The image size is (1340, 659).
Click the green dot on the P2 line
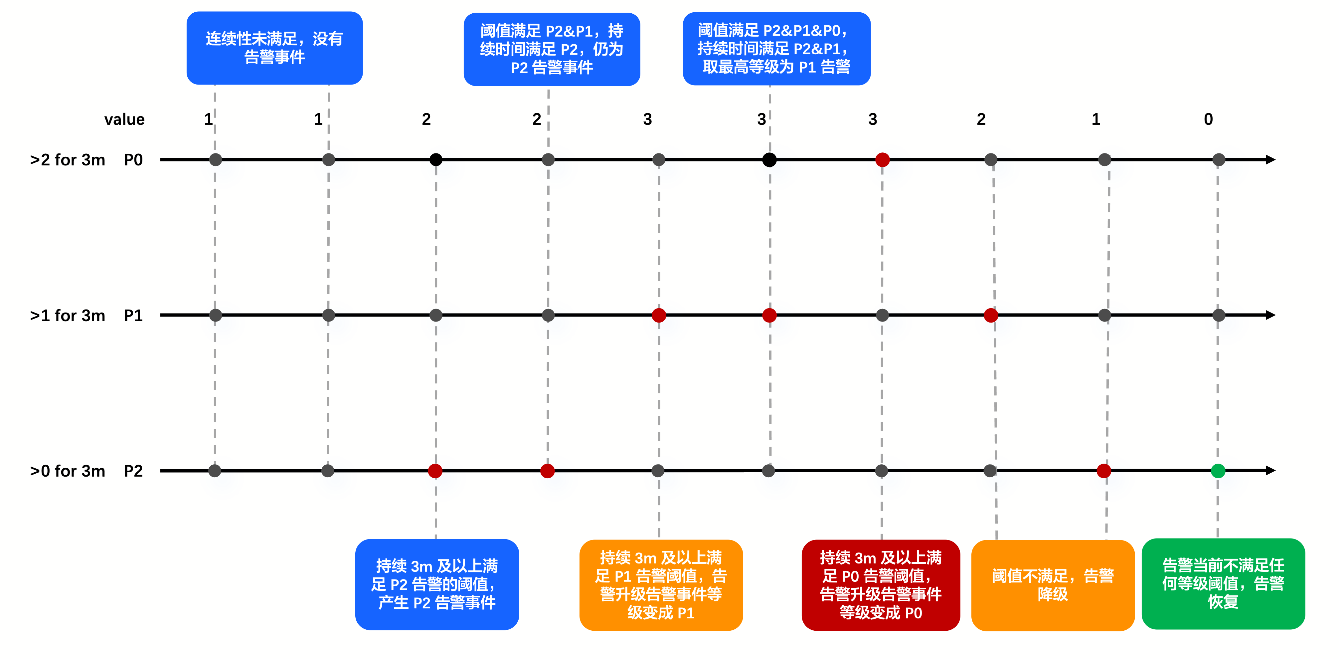tap(1218, 471)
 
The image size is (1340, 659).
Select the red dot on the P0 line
tap(882, 160)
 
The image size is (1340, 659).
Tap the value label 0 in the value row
tap(1208, 119)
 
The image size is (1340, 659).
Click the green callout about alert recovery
tap(1223, 583)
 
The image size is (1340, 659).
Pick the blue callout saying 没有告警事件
tap(275, 48)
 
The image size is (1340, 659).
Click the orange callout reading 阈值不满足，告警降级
tap(1053, 585)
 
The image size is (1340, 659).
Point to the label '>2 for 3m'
tap(68, 160)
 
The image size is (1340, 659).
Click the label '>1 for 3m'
tap(68, 316)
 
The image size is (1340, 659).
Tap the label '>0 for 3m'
tap(68, 471)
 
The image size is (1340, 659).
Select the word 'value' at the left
tap(124, 119)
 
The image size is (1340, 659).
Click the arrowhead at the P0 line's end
tap(1271, 160)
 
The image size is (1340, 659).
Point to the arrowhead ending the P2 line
tap(1271, 471)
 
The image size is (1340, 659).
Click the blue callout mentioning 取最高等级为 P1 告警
tap(777, 48)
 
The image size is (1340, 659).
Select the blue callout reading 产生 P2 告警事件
tap(437, 584)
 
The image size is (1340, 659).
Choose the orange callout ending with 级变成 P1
tap(661, 585)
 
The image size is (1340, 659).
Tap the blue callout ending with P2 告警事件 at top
tap(552, 49)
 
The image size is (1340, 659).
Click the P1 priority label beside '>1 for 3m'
tap(133, 316)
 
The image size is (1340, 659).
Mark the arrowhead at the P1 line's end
tap(1271, 315)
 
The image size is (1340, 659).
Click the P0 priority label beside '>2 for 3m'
tap(133, 160)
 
